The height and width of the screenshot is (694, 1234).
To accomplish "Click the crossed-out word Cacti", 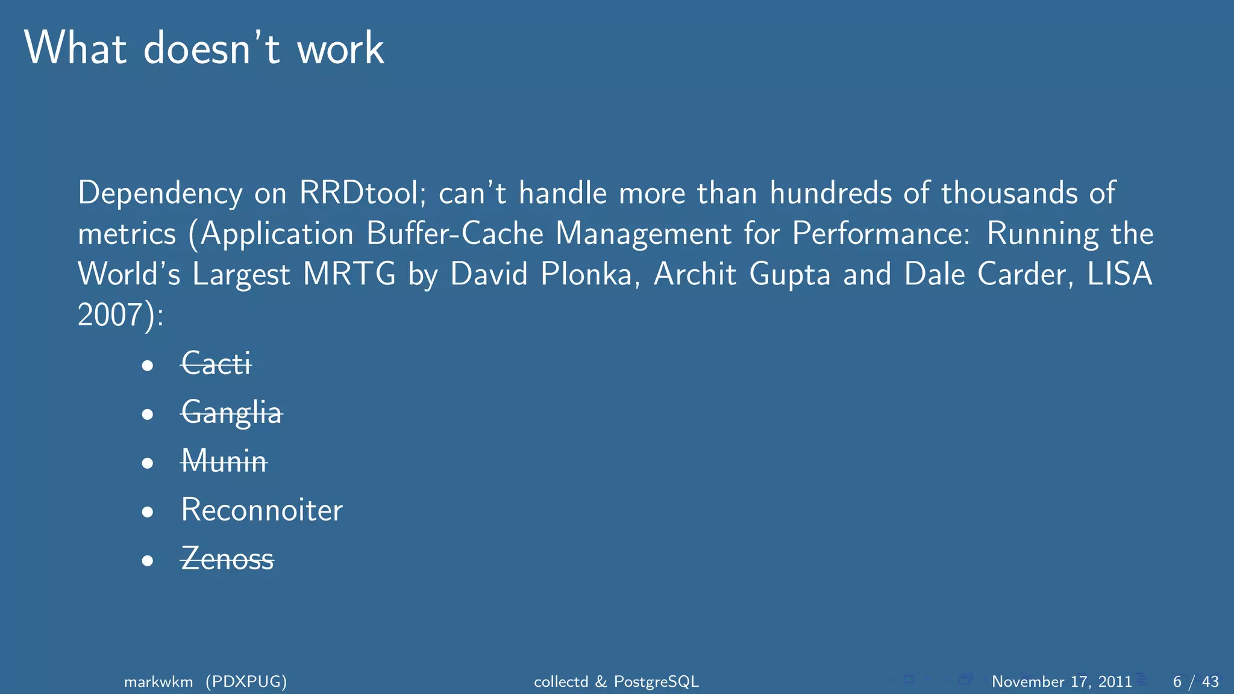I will click(216, 363).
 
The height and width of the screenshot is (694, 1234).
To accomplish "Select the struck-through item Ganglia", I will click(231, 413).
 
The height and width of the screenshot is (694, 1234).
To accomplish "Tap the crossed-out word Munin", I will click(224, 461).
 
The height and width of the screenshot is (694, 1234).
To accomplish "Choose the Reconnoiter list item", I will click(262, 510).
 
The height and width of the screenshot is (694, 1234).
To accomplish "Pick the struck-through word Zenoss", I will click(227, 559).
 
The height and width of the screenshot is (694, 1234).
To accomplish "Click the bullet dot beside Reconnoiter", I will click(148, 512).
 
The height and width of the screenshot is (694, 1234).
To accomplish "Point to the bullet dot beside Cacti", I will click(148, 366).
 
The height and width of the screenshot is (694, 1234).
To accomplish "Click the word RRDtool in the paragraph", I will click(359, 193).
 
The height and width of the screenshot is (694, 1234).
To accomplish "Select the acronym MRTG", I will click(349, 274).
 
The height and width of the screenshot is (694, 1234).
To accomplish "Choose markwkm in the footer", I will click(158, 681).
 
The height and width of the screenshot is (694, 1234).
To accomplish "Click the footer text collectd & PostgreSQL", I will click(616, 681).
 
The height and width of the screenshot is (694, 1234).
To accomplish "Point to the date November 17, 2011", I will click(1062, 681).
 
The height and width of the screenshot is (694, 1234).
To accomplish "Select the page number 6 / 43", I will click(1195, 681).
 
